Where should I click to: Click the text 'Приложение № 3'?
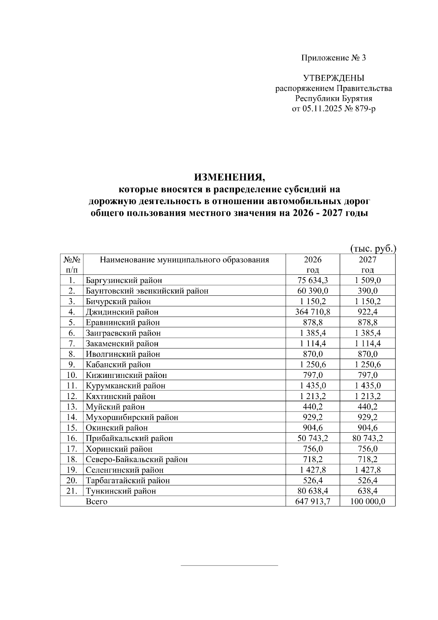click(x=333, y=58)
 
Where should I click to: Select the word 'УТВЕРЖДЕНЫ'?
click(x=333, y=78)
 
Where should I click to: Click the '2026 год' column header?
click(x=313, y=264)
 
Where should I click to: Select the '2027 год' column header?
click(x=367, y=264)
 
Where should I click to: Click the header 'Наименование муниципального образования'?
click(x=184, y=260)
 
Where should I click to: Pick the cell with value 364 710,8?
click(x=313, y=312)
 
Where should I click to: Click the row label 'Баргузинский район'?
click(x=124, y=280)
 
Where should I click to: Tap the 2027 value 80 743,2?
click(x=367, y=438)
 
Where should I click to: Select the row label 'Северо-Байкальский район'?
click(x=137, y=459)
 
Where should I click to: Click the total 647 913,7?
click(x=313, y=501)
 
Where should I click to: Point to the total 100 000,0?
click(x=367, y=501)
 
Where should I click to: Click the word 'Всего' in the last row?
click(x=96, y=501)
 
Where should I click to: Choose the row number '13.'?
click(x=72, y=407)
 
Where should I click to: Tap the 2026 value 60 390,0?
click(x=313, y=291)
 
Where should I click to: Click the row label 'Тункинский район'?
click(x=121, y=491)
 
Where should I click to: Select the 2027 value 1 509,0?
click(x=367, y=280)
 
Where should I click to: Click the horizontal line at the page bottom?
click(x=229, y=566)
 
